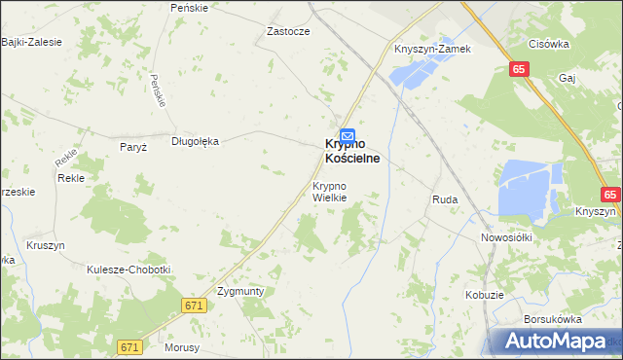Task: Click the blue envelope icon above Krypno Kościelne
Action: [x=348, y=136]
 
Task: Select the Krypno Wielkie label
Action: [x=329, y=191]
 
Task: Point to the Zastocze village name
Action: [x=288, y=31]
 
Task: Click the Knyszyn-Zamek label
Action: [x=432, y=49]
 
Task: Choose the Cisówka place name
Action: [x=548, y=44]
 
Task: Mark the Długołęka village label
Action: [x=196, y=140]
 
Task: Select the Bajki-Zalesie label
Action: [x=32, y=42]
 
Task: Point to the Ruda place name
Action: [x=445, y=199]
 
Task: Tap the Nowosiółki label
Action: [x=504, y=236]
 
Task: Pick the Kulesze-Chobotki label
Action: [x=128, y=270]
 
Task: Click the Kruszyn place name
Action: [x=46, y=245]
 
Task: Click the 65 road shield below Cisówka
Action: [x=519, y=69]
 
